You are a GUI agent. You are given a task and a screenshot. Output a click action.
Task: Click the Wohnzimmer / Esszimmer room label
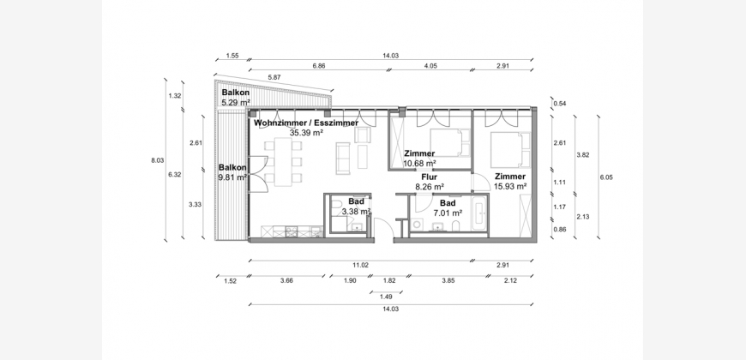click(x=306, y=123)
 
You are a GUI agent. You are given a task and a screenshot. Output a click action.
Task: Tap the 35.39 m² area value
click(x=306, y=133)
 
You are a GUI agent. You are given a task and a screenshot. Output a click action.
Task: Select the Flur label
click(x=429, y=177)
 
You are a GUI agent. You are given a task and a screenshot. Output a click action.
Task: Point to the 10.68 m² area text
click(x=419, y=163)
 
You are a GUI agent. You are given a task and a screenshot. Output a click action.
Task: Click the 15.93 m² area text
click(x=509, y=186)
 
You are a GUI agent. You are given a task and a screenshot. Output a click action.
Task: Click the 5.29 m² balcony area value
click(x=236, y=102)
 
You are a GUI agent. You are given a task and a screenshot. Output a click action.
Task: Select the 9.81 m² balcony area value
click(x=232, y=177)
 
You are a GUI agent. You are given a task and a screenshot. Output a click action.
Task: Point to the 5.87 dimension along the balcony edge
click(x=274, y=77)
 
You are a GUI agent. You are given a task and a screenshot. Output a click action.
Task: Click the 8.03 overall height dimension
click(x=158, y=161)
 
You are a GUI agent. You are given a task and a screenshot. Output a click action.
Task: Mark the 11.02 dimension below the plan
click(x=361, y=266)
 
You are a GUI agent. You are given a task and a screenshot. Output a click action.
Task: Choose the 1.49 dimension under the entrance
click(x=386, y=297)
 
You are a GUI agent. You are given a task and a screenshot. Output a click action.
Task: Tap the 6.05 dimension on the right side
click(x=606, y=177)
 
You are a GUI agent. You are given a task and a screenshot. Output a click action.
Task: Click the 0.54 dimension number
click(x=559, y=103)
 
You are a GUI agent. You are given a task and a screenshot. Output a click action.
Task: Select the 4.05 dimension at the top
click(x=430, y=66)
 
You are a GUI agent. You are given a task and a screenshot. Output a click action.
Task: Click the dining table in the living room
click(x=284, y=162)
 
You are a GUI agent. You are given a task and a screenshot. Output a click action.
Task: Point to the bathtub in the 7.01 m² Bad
click(x=479, y=213)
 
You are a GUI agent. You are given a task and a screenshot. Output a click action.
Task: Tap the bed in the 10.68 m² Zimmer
click(x=450, y=142)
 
